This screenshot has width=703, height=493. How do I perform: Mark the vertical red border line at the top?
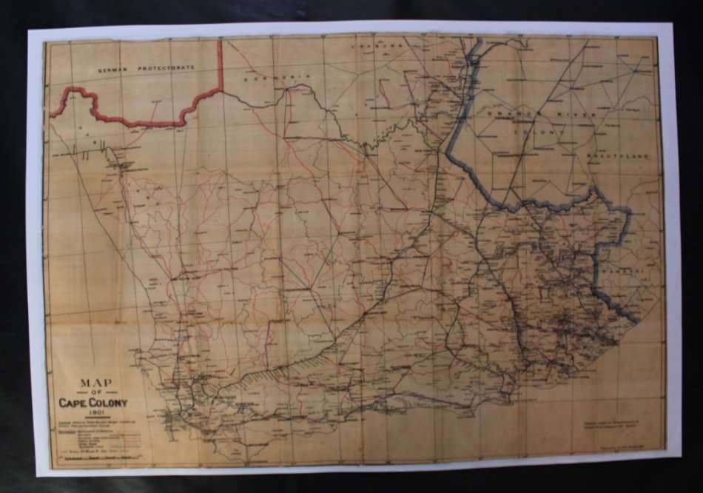click(x=220, y=63)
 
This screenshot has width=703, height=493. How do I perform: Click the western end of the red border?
click(x=53, y=115)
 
